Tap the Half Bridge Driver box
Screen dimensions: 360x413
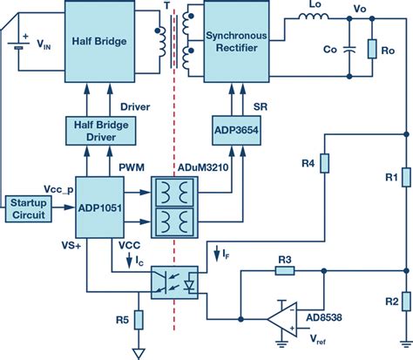coord(98,131)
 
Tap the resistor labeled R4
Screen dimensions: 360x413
coord(323,165)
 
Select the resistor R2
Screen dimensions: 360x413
coord(405,302)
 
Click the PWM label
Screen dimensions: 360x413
coord(127,166)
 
